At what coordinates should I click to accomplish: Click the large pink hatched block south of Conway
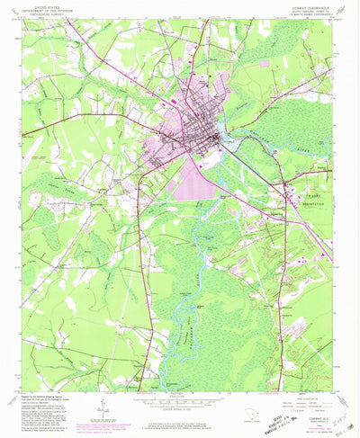(x=190, y=179)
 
